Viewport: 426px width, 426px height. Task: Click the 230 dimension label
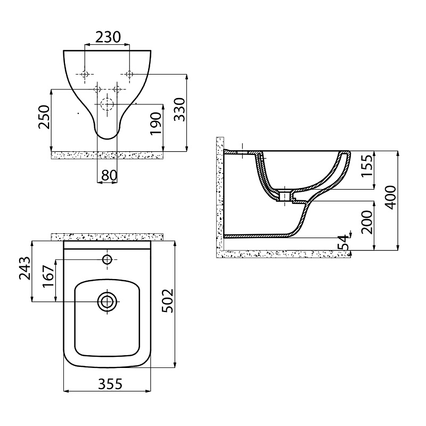(108, 37)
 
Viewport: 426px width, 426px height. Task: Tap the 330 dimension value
(179, 110)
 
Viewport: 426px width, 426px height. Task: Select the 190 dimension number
(156, 124)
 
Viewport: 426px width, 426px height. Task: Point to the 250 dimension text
(44, 117)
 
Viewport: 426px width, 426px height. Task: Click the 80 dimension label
(109, 176)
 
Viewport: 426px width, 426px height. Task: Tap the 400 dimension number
(391, 198)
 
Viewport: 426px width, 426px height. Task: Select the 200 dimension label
(367, 222)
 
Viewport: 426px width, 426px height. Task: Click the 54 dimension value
(342, 243)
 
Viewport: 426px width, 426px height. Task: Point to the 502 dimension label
(167, 301)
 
